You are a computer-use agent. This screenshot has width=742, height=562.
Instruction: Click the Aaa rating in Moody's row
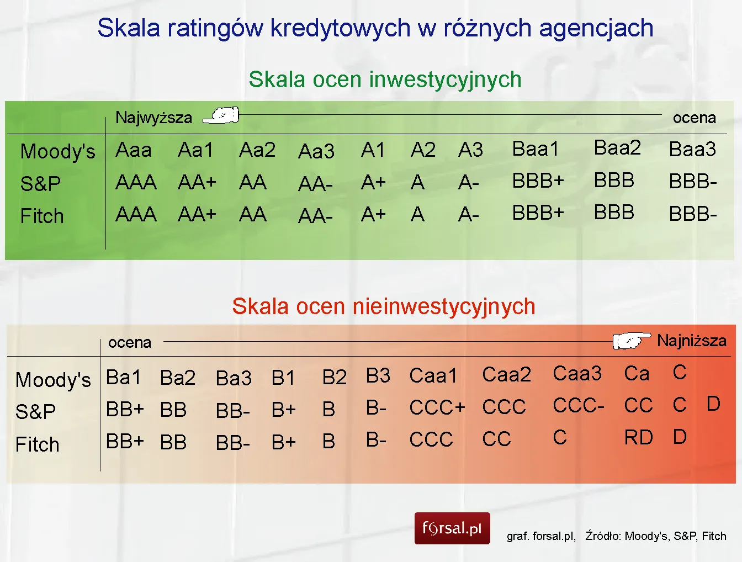134,150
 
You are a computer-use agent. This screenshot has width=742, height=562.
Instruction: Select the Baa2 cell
617,148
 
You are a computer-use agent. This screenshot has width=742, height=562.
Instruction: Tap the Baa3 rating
692,150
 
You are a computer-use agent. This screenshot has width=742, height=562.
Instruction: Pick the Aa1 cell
195,150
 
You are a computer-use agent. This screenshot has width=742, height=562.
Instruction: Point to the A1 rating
373,150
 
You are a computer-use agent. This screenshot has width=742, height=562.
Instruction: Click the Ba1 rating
123,378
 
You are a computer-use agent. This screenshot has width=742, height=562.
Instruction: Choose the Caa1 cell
433,376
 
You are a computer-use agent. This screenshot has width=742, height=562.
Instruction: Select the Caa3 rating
577,374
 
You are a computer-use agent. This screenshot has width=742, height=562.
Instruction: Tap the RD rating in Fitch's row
639,438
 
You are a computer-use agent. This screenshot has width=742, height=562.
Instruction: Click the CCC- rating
579,406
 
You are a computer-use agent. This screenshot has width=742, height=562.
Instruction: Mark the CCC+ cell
437,408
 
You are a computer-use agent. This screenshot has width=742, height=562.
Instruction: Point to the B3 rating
378,376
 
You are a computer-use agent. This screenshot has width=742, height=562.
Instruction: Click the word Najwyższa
153,118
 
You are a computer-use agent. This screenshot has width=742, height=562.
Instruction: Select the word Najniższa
691,341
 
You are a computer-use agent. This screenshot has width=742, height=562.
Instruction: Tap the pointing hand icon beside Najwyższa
221,115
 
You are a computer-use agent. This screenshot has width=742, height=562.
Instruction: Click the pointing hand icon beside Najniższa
632,341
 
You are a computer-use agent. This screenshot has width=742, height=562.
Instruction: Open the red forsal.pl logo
452,528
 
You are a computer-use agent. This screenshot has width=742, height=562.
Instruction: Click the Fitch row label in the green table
42,216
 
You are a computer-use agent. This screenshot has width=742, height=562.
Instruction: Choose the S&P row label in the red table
35,412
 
